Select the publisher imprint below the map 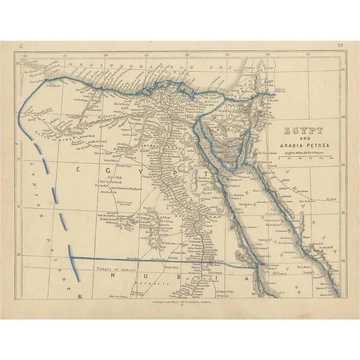(x=180, y=301)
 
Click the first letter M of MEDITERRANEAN (x=73, y=63)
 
